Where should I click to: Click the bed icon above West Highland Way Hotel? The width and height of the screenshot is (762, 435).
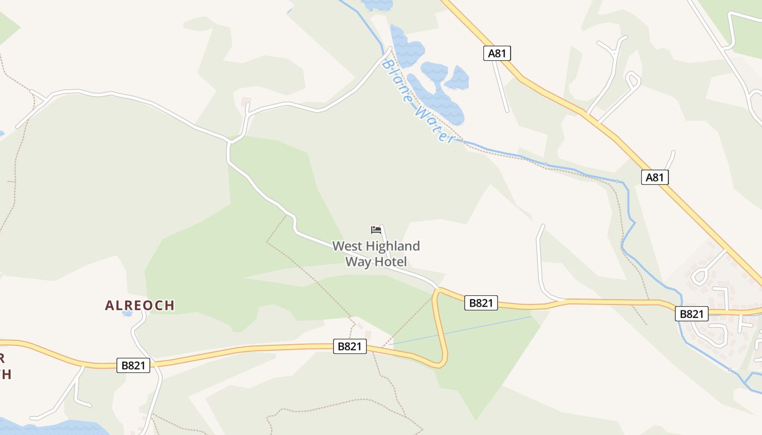point(376,230)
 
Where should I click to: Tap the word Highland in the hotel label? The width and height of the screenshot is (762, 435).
point(391,246)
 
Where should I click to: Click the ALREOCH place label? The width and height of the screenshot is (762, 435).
point(140,306)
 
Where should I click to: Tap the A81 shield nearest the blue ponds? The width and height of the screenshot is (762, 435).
point(497,53)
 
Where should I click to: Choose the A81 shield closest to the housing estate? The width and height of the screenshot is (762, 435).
point(654,177)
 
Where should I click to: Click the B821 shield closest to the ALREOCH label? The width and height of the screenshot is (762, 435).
point(133,365)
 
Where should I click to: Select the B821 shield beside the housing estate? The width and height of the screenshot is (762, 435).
point(692,314)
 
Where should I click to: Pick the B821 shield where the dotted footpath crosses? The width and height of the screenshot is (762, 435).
point(349,346)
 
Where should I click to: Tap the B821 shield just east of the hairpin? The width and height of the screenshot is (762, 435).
point(481,303)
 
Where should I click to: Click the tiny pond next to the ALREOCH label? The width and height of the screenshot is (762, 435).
point(127,313)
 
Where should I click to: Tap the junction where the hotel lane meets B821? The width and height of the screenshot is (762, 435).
point(437,288)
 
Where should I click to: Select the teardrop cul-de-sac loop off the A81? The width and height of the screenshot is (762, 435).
point(632,80)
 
